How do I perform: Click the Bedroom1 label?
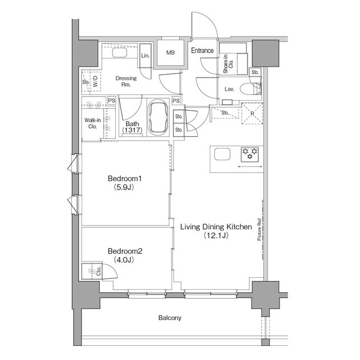tap(125, 178)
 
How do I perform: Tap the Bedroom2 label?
tap(125, 251)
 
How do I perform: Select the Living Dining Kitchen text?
tap(216, 227)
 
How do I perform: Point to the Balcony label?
tap(170, 318)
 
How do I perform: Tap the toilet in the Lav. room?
tap(250, 89)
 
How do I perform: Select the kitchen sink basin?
tap(222, 154)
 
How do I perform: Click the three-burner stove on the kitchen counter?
tap(250, 154)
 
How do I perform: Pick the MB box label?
tap(170, 53)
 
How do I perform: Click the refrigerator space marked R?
tap(252, 114)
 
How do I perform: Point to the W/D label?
tap(96, 81)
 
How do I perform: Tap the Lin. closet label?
tap(145, 56)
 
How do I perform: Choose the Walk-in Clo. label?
tap(92, 123)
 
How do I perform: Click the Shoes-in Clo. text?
tap(228, 64)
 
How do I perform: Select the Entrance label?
tap(202, 51)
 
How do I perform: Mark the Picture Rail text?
tap(259, 229)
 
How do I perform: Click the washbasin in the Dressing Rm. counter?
tap(119, 52)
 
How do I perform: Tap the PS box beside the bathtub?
tap(176, 101)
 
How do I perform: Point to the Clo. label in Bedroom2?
tap(99, 271)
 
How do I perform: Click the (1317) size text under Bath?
tap(132, 130)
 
